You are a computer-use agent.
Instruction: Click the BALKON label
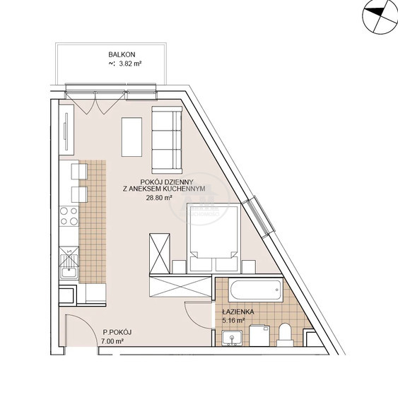coord(122,54)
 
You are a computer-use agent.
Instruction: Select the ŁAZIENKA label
coord(238,312)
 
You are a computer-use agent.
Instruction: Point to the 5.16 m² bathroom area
coord(233,321)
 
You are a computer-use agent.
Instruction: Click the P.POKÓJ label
coord(117,332)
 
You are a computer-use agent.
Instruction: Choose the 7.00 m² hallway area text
coord(112,341)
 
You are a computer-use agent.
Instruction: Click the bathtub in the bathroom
coord(255,290)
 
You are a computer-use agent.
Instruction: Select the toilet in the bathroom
coord(286,334)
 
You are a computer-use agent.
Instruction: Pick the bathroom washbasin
coord(232,338)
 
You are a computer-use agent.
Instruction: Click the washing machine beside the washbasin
coord(259,336)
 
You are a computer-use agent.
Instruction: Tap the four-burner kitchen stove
coord(69,216)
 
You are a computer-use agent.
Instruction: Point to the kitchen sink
coord(69,263)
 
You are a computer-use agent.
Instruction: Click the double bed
coord(213,238)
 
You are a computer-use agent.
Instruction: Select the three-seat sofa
coord(167,140)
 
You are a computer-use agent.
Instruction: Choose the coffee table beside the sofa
coord(131,137)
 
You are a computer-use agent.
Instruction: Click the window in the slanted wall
coord(259,216)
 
